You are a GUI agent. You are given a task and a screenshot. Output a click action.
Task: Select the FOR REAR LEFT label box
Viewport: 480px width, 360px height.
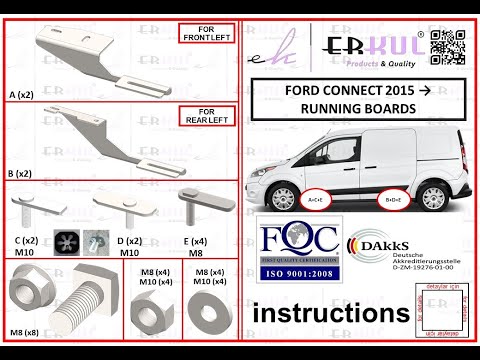coord(206,117)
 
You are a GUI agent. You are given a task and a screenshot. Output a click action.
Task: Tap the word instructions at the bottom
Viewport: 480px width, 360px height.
coord(331,314)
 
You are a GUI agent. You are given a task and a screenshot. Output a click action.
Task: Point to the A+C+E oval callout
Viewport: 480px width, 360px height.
coord(314,199)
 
